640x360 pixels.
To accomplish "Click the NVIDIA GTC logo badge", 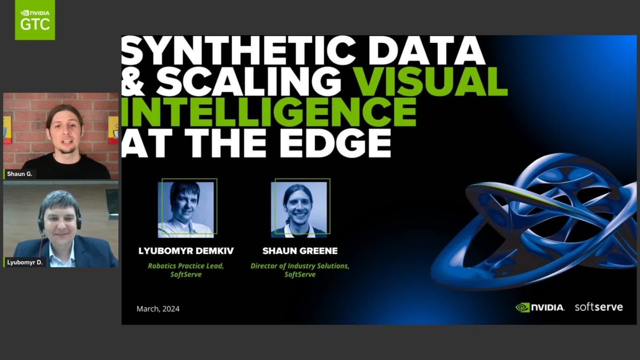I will click(x=35, y=20).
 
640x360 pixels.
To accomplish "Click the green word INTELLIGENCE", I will click(x=269, y=111).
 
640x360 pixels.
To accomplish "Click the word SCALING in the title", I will click(x=249, y=82).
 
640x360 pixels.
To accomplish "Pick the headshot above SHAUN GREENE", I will click(x=300, y=208).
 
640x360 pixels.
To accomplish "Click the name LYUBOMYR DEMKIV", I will click(x=186, y=251).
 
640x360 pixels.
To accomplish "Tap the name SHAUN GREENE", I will click(x=300, y=251).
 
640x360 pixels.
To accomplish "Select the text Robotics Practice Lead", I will click(x=186, y=266).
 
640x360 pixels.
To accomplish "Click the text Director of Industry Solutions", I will click(x=300, y=266).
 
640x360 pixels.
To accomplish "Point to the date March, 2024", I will click(x=158, y=309).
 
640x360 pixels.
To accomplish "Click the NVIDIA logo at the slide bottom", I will click(x=540, y=307).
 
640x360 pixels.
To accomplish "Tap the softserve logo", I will click(x=598, y=307).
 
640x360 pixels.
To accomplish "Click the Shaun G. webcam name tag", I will click(x=20, y=174).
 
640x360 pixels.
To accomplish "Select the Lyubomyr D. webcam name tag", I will click(x=25, y=262).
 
